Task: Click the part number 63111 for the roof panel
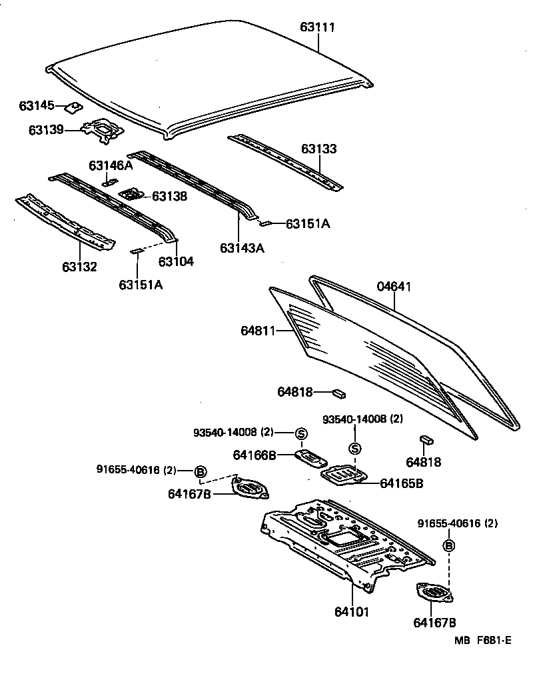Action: click(317, 27)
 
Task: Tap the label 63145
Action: click(37, 105)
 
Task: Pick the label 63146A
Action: click(111, 165)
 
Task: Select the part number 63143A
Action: click(242, 247)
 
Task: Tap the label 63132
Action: click(80, 267)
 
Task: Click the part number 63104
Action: click(176, 261)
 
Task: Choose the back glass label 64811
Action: click(259, 331)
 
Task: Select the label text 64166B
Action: click(255, 455)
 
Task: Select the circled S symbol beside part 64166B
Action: click(300, 434)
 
